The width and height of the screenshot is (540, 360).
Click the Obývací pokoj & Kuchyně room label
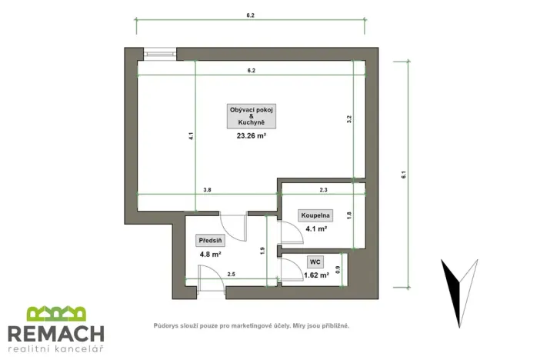(251, 116)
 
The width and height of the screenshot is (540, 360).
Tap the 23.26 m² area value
(251, 136)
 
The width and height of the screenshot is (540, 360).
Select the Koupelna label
(315, 216)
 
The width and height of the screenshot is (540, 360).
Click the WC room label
(316, 262)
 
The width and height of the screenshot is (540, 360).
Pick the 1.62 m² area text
(316, 274)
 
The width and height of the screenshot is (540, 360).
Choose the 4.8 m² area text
(210, 254)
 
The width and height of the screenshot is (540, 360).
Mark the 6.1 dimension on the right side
(403, 175)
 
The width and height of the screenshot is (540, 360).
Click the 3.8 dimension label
(207, 189)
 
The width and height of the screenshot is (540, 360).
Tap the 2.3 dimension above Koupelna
(324, 189)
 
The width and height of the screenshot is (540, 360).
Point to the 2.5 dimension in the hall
(231, 274)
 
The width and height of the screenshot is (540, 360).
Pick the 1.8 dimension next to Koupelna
(349, 216)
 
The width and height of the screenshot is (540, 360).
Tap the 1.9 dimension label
(263, 250)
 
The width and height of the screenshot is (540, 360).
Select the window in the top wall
(160, 54)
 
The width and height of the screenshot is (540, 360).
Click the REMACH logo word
(55, 334)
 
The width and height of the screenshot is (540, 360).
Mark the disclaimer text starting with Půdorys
(251, 326)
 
